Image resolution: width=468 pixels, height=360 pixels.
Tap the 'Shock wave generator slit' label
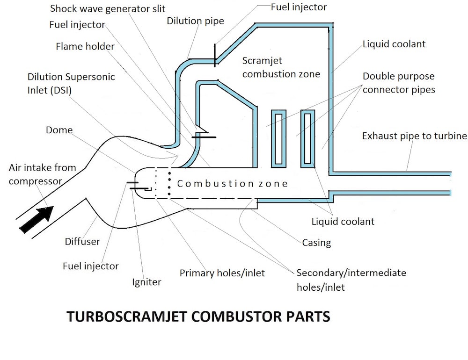point(108,9)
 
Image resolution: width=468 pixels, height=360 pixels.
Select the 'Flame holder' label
point(85,46)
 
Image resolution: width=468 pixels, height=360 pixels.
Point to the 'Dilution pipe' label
point(195,21)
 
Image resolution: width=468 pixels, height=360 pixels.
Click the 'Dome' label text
point(59,130)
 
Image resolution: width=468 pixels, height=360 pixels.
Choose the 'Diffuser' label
point(82,241)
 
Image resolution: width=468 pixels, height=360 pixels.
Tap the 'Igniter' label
point(146,282)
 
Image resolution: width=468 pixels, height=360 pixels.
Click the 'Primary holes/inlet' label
point(222,273)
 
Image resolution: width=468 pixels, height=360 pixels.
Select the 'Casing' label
point(316,243)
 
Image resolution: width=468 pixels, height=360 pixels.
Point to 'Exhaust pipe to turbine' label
point(414,136)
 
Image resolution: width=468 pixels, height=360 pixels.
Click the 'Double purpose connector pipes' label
point(399,83)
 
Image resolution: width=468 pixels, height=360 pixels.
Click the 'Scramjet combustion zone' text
point(281,67)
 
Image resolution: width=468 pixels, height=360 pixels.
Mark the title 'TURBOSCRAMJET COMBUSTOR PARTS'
point(198,317)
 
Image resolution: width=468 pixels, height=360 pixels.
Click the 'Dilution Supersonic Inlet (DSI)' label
point(71,84)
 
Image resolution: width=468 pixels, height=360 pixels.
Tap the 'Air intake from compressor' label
point(42,174)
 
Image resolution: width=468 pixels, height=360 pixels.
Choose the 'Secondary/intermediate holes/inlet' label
point(351,280)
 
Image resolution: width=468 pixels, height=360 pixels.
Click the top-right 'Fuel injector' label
point(299,7)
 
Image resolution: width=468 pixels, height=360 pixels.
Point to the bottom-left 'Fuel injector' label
point(90,266)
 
